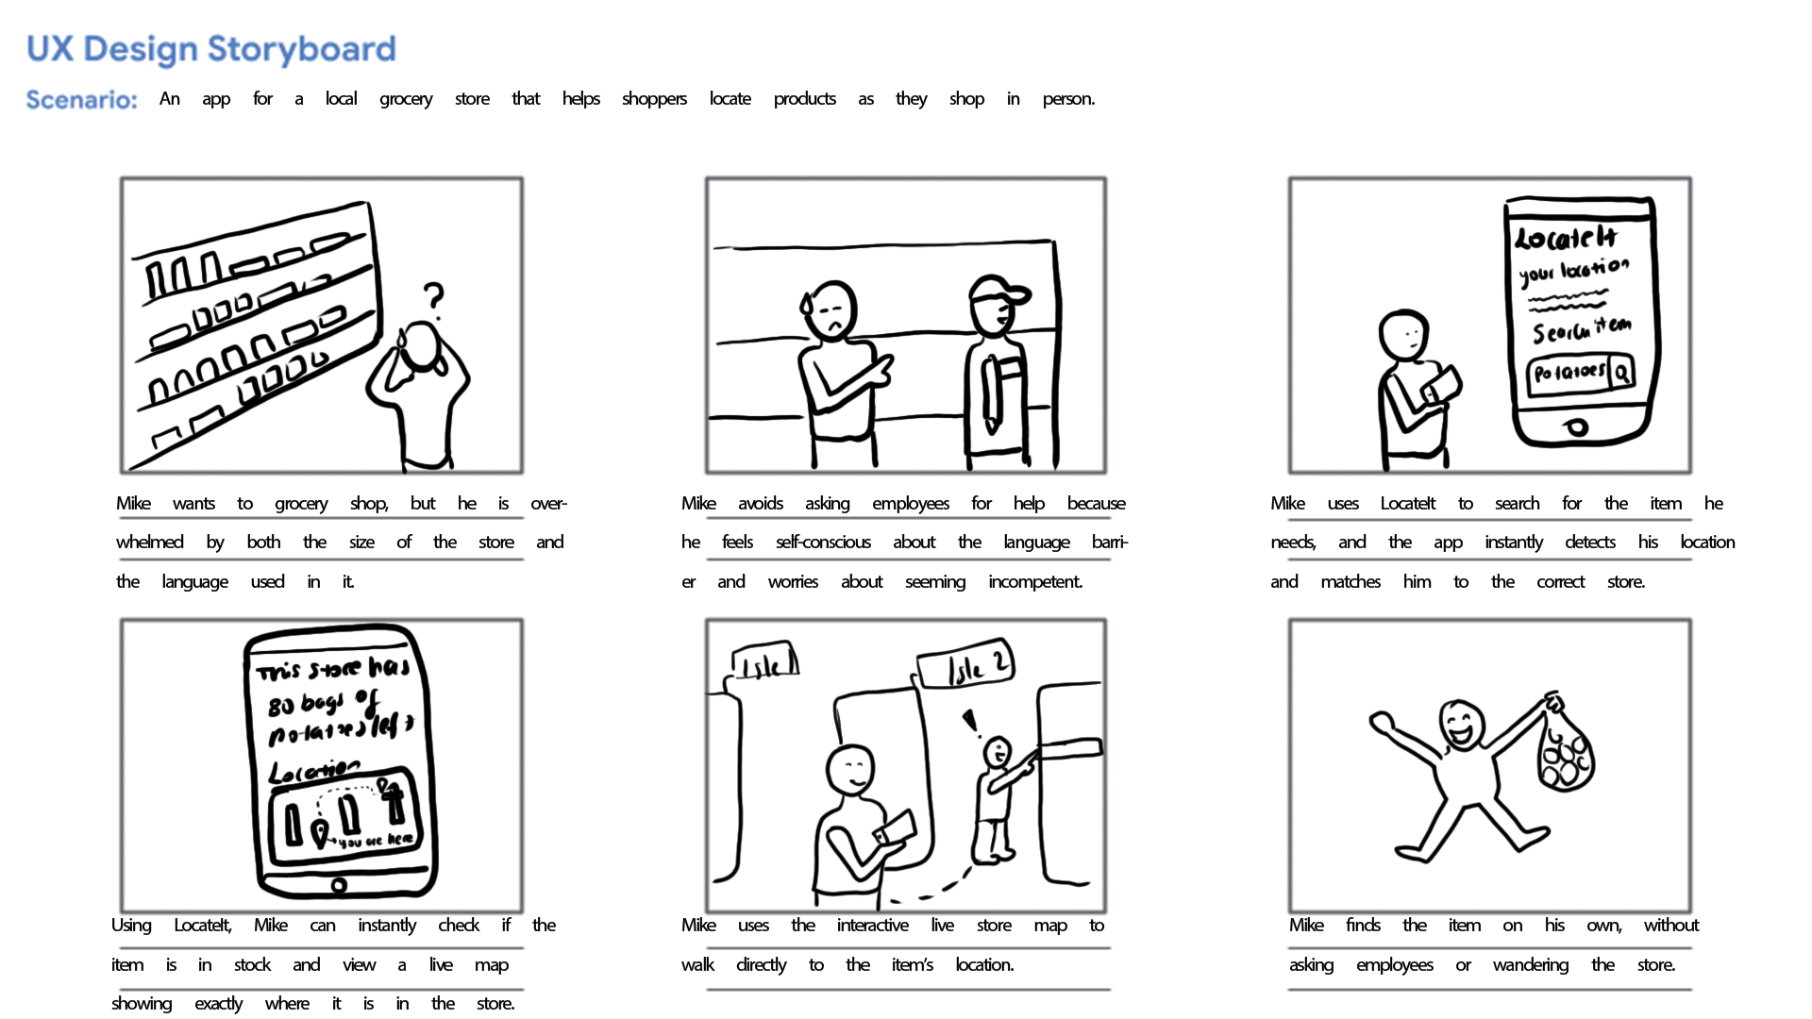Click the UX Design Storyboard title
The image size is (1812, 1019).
[210, 49]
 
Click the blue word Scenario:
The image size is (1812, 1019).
[81, 100]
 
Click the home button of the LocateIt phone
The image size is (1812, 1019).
[1576, 427]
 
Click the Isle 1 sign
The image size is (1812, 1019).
[765, 663]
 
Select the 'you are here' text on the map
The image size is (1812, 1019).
[375, 840]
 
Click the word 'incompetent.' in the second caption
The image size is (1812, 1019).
[1034, 582]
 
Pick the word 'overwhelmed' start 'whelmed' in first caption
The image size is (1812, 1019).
[149, 543]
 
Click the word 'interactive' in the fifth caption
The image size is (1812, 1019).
[872, 926]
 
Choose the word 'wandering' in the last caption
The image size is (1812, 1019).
[1530, 965]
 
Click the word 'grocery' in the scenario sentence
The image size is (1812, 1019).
[406, 99]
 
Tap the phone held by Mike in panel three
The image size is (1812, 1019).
[1441, 384]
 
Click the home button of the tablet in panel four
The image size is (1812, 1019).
[339, 885]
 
